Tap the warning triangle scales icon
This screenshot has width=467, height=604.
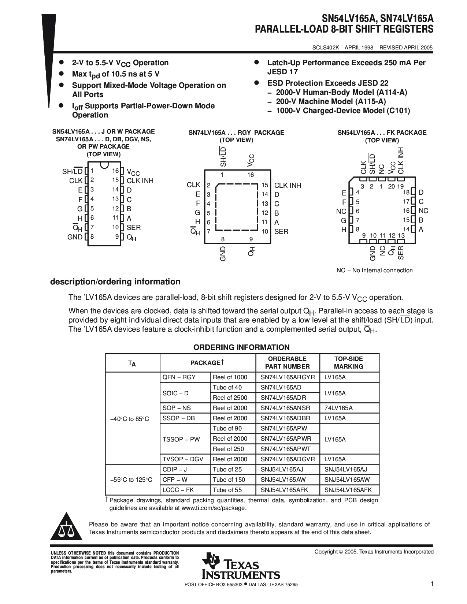pos(66,528)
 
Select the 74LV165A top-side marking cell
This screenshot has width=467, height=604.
pos(338,408)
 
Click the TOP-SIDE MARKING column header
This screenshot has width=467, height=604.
pos(349,363)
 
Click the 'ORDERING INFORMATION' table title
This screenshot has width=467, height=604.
pos(241,347)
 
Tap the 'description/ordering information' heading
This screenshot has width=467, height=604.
pos(115,282)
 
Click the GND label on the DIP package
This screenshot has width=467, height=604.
pos(75,237)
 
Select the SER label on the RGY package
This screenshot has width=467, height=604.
pos(281,231)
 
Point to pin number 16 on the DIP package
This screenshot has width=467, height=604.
pos(115,171)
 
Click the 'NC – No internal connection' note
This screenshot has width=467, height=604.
pos(374,270)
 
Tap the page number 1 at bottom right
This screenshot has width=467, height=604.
pos(432,584)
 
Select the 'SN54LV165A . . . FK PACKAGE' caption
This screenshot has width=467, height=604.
pos(382,133)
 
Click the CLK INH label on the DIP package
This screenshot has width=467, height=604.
pos(140,180)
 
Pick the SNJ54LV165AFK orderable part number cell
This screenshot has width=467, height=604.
pos(284,490)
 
